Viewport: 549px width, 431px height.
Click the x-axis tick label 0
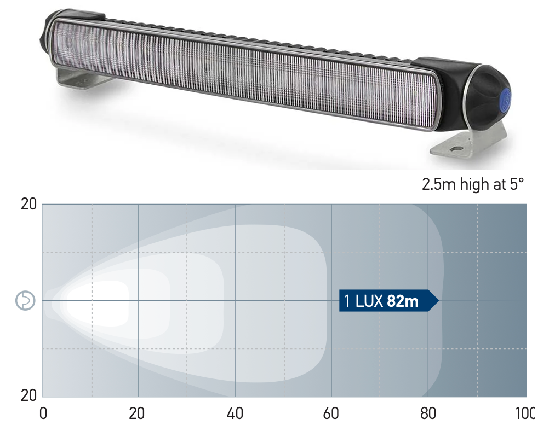(43, 413)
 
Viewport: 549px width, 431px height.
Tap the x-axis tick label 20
(136, 413)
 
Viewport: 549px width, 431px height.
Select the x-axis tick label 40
(235, 413)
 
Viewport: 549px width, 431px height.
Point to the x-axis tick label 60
(331, 413)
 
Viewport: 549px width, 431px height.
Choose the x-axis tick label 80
(428, 413)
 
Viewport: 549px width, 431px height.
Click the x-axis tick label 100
(525, 413)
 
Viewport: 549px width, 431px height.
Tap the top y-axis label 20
(28, 204)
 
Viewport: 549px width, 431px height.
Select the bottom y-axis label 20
(28, 395)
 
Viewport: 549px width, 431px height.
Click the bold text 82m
(403, 301)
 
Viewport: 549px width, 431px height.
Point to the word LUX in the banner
(369, 301)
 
